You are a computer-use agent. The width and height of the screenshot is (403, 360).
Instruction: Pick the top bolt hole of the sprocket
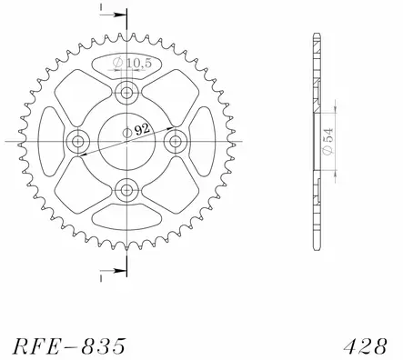[x=126, y=91]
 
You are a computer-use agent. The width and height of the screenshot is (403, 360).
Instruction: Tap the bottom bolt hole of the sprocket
[x=126, y=189]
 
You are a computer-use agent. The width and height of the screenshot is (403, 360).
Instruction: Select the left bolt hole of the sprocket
[x=76, y=140]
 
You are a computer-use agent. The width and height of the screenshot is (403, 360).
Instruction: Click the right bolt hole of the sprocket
[x=175, y=140]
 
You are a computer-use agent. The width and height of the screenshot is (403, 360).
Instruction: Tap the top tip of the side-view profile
[x=314, y=35]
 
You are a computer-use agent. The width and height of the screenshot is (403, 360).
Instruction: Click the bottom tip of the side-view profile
[x=314, y=245]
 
